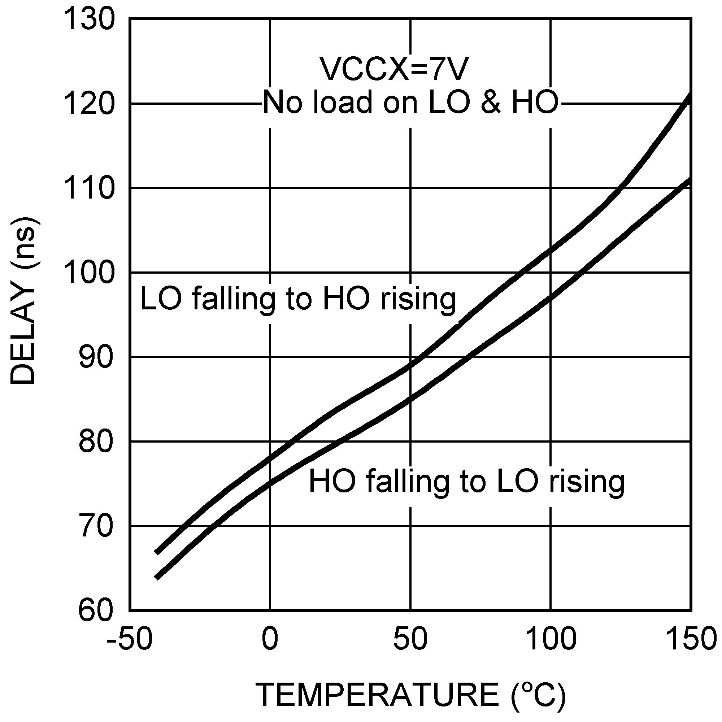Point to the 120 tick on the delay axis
pos(89,104)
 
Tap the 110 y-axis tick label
pos(89,188)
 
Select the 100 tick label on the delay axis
pos(89,273)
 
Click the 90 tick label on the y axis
pos(96,357)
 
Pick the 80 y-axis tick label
pos(96,442)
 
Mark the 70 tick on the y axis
pos(96,526)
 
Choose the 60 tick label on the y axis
pos(96,611)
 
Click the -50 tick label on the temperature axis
pos(129,639)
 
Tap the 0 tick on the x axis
pos(270,639)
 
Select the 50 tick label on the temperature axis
pos(410,639)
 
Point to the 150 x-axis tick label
pos(691,639)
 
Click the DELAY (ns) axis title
pos(23,301)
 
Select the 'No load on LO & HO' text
pos(410,103)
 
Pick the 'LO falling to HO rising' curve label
pos(298,299)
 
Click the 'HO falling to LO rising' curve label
pos(466,482)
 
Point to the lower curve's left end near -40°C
pos(157,578)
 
